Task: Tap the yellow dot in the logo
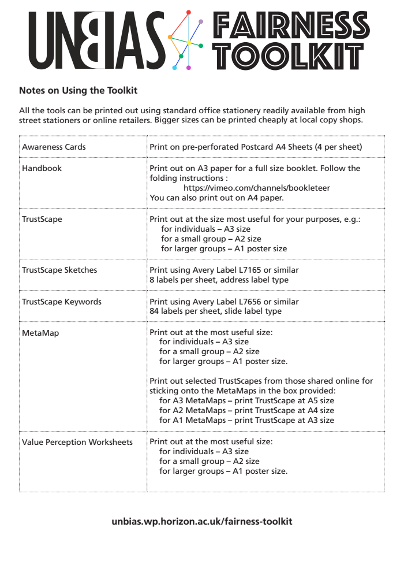pos(189,42)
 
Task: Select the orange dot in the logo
pos(170,37)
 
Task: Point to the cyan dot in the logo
pos(175,68)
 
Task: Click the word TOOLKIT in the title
pos(289,56)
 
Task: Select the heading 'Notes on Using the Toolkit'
pos(78,91)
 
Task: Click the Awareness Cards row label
pos(54,147)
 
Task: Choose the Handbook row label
pos(42,168)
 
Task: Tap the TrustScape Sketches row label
pos(59,270)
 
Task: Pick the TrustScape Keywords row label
pos(61,302)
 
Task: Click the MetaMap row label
pos(40,333)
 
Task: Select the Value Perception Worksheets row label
pos(77,442)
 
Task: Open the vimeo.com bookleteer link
pos(257,188)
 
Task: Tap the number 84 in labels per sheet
pos(155,311)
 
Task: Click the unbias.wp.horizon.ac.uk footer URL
pos(202,521)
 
